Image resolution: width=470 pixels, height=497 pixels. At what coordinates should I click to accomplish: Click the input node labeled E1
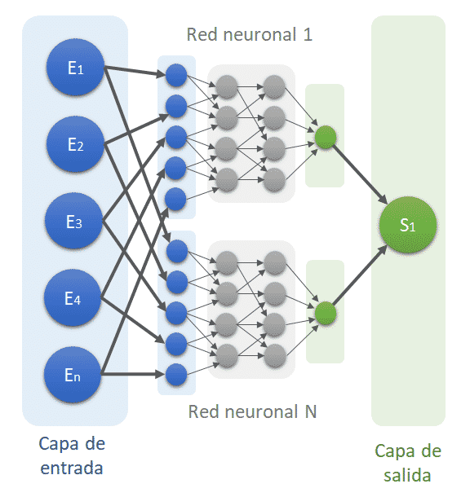click(75, 67)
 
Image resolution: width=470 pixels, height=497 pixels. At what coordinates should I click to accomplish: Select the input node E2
click(75, 144)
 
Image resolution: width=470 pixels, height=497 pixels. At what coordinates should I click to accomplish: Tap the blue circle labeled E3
click(73, 221)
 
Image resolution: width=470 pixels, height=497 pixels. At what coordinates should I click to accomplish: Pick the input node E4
click(73, 297)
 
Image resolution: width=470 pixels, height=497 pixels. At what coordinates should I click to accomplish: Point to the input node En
click(73, 375)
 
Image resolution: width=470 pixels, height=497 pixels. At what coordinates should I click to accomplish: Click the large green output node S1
click(408, 224)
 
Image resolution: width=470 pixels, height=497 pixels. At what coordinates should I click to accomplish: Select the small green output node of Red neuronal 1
click(326, 137)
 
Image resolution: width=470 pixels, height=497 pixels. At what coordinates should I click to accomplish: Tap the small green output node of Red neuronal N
click(326, 313)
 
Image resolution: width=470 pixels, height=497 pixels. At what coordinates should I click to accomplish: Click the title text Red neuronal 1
click(250, 34)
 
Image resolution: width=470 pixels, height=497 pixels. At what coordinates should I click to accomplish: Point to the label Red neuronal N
click(252, 411)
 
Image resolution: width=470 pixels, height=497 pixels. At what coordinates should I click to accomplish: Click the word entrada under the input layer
click(72, 468)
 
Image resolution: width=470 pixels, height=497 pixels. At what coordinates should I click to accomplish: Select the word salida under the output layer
click(407, 475)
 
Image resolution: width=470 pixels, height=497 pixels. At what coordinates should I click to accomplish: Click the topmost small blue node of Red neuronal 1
click(176, 76)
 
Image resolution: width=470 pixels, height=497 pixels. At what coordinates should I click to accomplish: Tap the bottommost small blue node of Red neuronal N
click(176, 375)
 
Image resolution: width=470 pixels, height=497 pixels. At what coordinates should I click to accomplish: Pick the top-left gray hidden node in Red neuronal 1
click(227, 86)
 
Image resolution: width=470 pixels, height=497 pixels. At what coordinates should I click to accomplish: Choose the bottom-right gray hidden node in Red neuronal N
click(275, 355)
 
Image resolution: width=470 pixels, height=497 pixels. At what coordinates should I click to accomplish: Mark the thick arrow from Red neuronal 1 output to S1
click(360, 174)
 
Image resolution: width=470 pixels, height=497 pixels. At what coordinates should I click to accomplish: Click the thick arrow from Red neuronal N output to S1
click(360, 275)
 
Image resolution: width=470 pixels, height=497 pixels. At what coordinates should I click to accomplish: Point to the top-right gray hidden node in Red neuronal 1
click(274, 86)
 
